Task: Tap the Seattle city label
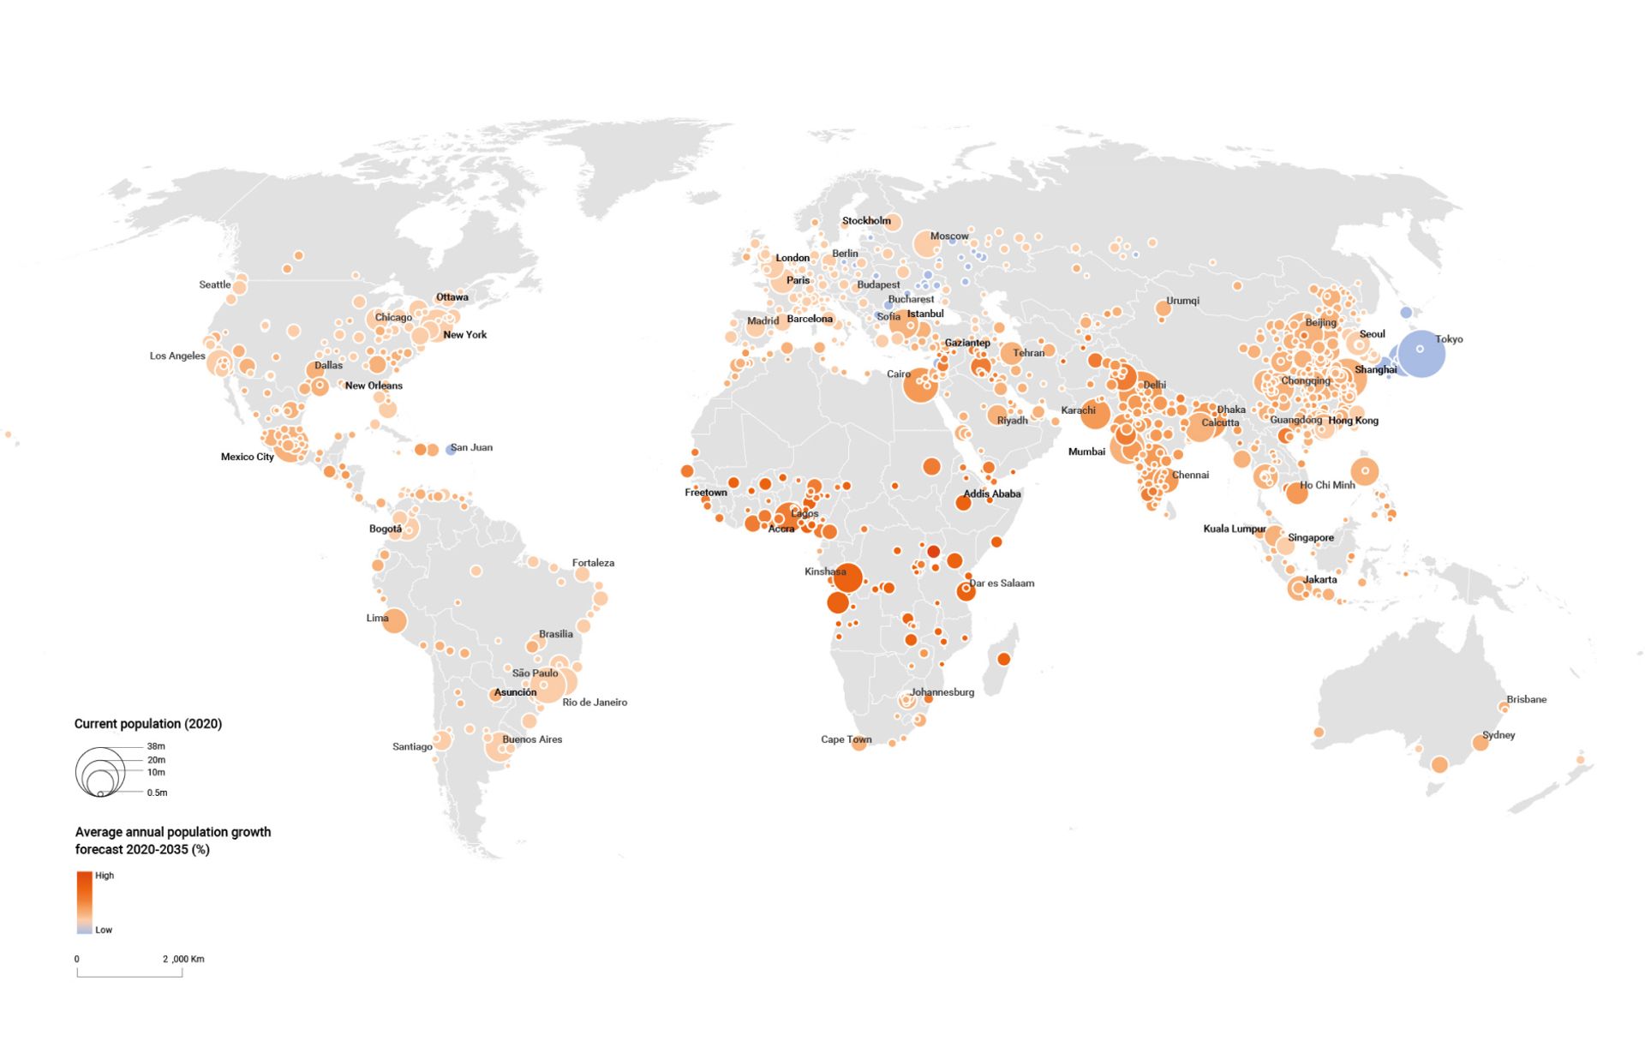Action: click(214, 284)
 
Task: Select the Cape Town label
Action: click(846, 739)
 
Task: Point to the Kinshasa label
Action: click(825, 571)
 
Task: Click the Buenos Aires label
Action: click(532, 739)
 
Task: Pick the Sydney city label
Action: click(1498, 735)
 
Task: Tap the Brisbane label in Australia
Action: click(1526, 699)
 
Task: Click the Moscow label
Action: click(949, 236)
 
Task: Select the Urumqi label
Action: click(1182, 301)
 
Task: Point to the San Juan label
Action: click(471, 447)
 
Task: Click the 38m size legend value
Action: click(156, 746)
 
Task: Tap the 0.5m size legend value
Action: click(157, 793)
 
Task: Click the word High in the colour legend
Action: click(105, 876)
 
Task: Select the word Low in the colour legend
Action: click(104, 930)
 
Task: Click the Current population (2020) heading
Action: click(147, 724)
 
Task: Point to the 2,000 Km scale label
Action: click(183, 959)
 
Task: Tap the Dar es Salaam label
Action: click(1002, 583)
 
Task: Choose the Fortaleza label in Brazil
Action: click(593, 563)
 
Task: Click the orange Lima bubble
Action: click(394, 620)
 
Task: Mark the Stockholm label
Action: click(866, 220)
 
